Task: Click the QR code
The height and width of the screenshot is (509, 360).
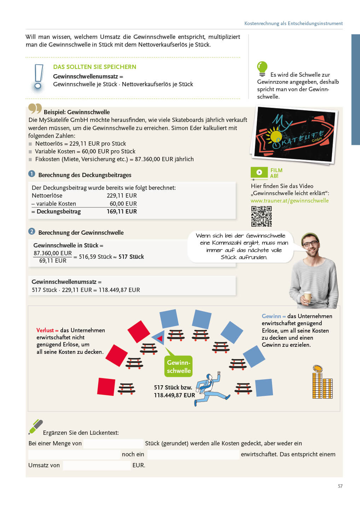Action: click(x=261, y=216)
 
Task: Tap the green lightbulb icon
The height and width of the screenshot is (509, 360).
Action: click(x=262, y=68)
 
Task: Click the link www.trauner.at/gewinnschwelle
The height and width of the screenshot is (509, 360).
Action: click(x=290, y=201)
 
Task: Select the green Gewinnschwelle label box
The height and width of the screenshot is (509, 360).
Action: click(x=179, y=367)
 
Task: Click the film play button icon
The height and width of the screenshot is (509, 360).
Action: click(x=259, y=172)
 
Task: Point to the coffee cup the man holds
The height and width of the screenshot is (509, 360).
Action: click(x=308, y=297)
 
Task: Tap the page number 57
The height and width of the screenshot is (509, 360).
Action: click(x=340, y=486)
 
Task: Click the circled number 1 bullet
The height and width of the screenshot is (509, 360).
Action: click(x=32, y=174)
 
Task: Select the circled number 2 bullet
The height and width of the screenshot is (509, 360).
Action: click(x=32, y=232)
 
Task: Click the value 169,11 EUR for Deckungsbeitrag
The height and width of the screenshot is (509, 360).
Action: click(x=122, y=212)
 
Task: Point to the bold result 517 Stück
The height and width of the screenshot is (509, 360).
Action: click(x=131, y=257)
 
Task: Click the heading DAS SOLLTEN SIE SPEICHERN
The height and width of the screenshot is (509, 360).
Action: click(x=94, y=67)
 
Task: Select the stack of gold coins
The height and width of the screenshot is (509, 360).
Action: click(x=322, y=382)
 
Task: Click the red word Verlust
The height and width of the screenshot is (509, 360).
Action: click(x=45, y=330)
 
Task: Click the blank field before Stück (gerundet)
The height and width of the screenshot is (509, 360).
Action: click(x=113, y=444)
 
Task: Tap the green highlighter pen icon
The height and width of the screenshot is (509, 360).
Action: click(x=35, y=427)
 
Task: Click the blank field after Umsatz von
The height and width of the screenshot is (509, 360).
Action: click(x=97, y=466)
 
